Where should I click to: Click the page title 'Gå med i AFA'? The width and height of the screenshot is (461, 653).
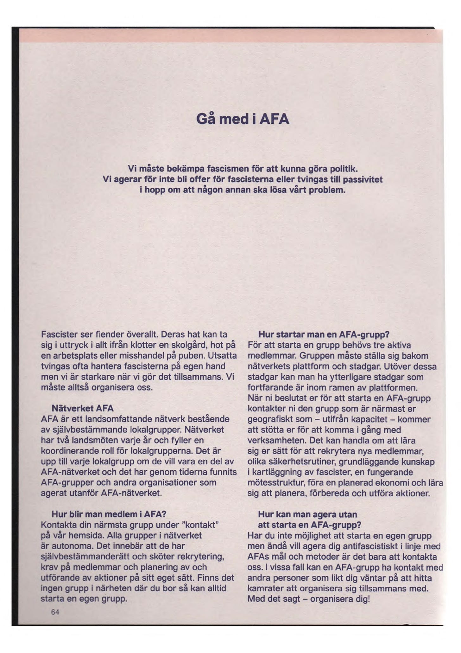(243, 119)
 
